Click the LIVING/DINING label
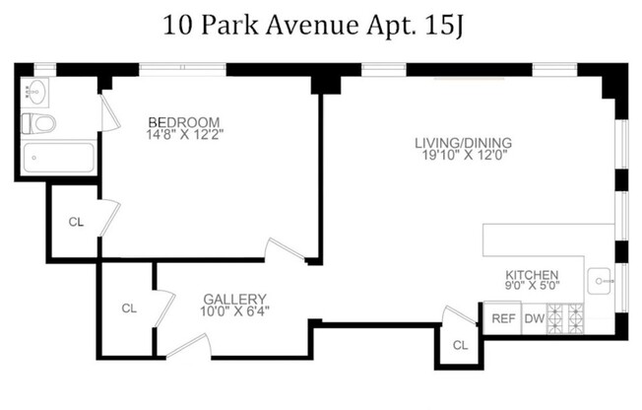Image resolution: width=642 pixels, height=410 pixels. [463, 142]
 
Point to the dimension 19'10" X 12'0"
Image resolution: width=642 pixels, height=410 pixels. [463, 156]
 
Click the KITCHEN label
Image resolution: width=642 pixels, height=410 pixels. [532, 275]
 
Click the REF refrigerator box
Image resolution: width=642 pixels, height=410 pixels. [503, 318]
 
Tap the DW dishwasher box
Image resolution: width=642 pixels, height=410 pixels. [533, 318]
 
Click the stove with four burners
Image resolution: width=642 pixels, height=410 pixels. [566, 318]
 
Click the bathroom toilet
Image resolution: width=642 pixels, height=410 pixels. [40, 124]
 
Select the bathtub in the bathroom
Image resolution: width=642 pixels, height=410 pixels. [58, 159]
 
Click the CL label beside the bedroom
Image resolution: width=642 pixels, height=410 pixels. [76, 222]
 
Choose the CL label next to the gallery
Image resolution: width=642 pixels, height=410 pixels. [129, 307]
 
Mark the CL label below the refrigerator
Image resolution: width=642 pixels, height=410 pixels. [460, 345]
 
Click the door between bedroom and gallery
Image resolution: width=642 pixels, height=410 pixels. [285, 250]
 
